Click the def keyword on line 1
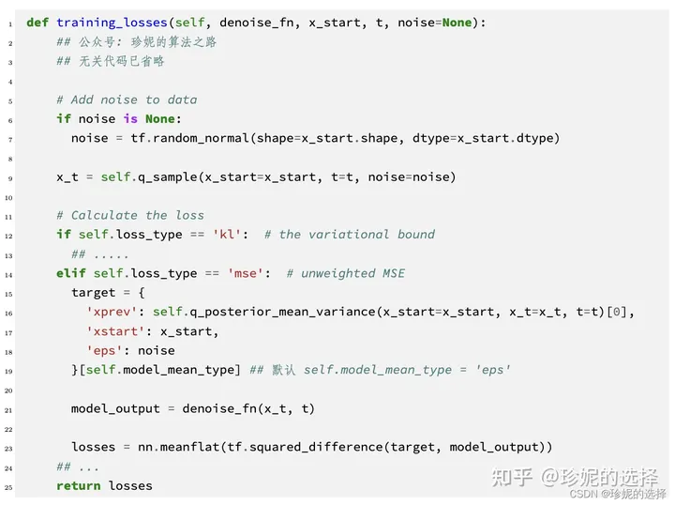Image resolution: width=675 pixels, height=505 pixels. [x=37, y=22]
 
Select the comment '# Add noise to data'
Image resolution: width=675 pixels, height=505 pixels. [x=127, y=99]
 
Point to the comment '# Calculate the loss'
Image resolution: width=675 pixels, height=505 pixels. [x=130, y=215]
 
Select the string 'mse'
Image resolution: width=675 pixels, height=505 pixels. [x=252, y=273]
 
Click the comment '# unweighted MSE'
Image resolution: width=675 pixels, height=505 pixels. [x=345, y=273]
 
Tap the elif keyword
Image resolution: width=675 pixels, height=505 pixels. [x=71, y=273]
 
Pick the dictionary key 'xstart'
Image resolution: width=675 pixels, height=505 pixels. [x=119, y=331]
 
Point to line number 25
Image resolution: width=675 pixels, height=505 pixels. [x=9, y=486]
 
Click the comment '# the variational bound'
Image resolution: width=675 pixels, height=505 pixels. [x=350, y=235]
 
